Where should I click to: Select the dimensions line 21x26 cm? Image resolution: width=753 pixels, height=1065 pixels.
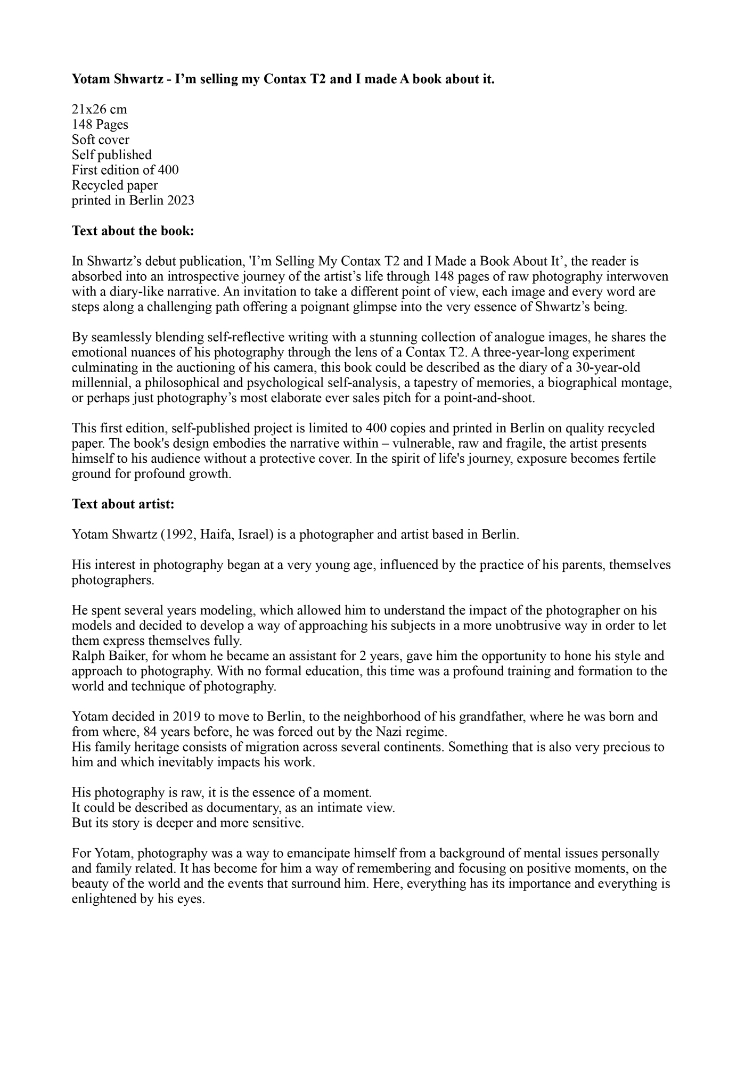tap(100, 110)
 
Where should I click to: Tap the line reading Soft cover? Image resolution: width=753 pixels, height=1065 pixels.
tap(101, 140)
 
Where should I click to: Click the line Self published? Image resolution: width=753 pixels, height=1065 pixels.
tap(112, 155)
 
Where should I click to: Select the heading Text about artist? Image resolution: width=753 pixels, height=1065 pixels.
tap(123, 504)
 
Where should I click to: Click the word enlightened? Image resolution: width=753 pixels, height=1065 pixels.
tap(103, 899)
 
